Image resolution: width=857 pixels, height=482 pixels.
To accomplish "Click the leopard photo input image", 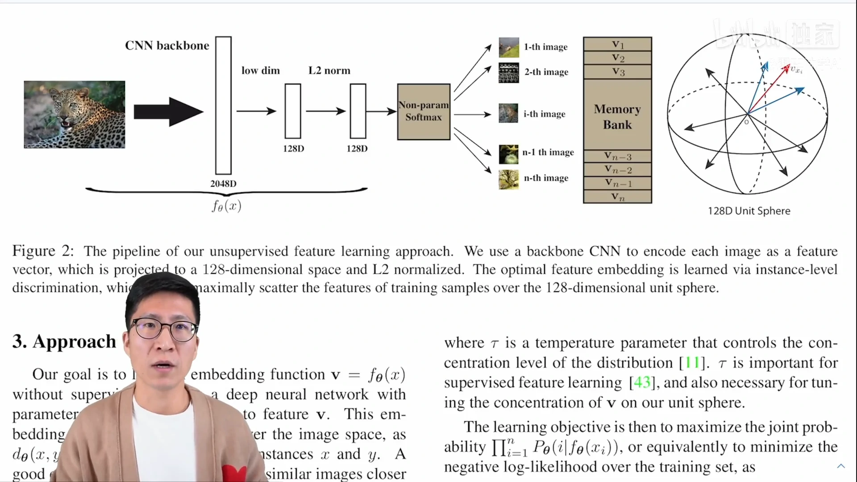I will coord(75,114).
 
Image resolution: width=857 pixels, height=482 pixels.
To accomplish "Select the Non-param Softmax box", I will coord(424,112).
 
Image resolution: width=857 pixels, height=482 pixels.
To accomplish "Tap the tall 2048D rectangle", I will coord(223,105).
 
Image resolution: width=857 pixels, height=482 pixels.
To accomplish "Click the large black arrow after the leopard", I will coord(168,112).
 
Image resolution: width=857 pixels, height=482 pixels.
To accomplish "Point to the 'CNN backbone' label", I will coord(167,46).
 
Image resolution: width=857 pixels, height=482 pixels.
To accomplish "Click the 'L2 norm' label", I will coord(329,71).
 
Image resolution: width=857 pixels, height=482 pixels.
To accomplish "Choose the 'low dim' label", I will coord(261,71).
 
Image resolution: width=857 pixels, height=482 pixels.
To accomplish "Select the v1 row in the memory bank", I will coord(617,44).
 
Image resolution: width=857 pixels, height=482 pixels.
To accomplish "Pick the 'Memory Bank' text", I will coord(617,116).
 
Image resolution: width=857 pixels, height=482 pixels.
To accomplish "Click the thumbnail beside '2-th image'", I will coord(509,72).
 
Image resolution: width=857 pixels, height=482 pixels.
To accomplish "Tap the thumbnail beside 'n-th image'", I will coord(509,179).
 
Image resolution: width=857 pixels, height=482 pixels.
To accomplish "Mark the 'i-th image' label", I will coord(544,114).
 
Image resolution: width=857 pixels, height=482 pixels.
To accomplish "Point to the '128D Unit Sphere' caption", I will coord(749,211).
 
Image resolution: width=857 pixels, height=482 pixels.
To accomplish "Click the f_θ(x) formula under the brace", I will coord(227,206).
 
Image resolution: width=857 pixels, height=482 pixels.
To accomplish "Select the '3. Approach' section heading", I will coord(64,341).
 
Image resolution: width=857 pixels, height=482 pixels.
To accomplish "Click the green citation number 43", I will coord(642,382).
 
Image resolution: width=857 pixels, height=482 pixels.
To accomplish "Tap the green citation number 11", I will coord(692,362).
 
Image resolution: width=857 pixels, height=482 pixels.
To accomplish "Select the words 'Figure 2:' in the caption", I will coord(43,251).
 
